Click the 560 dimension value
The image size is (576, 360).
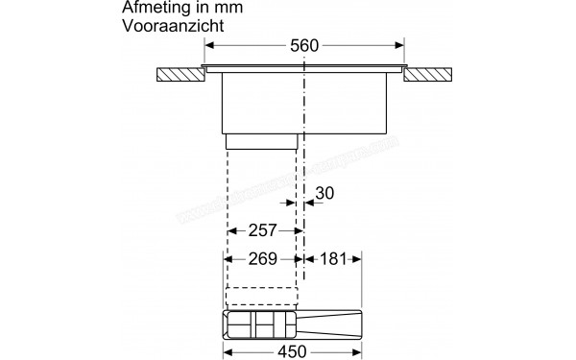[x=303, y=44]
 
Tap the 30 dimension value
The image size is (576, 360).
[x=325, y=193]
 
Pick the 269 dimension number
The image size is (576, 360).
[x=262, y=259]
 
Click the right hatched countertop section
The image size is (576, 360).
[x=429, y=74]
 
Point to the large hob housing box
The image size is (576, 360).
[x=303, y=103]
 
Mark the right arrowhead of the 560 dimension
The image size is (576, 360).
[x=399, y=44]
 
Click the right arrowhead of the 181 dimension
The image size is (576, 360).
[x=358, y=259]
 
